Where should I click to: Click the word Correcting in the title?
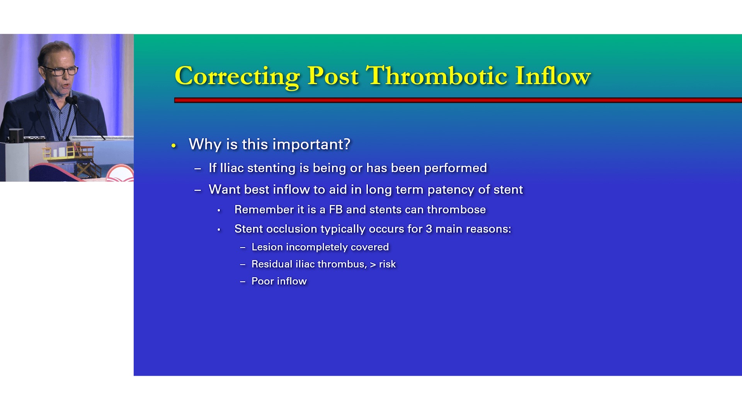point(237,76)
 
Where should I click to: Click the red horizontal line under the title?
point(458,100)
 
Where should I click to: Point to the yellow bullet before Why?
point(174,146)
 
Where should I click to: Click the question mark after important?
point(347,144)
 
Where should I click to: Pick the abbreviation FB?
point(335,210)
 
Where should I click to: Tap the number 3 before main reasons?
point(429,229)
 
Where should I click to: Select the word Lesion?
point(267,247)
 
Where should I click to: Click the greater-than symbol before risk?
point(373,265)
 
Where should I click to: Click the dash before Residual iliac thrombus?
point(243,264)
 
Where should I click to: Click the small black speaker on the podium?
point(16,136)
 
